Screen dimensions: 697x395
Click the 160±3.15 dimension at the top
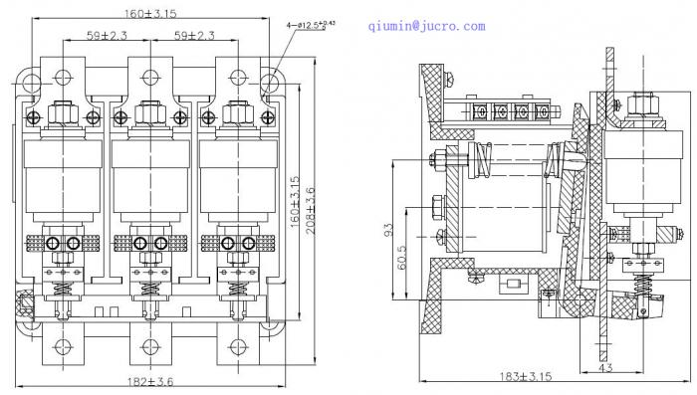pyautogui.click(x=149, y=13)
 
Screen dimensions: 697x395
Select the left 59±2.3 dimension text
pyautogui.click(x=107, y=35)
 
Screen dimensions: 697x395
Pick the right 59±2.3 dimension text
pyautogui.click(x=194, y=35)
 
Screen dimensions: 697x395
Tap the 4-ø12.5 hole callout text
pyautogui.click(x=311, y=25)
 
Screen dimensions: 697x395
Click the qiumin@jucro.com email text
pyautogui.click(x=427, y=26)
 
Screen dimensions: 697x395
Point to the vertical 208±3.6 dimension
pyautogui.click(x=310, y=211)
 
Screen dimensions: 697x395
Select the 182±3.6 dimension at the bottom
pyautogui.click(x=150, y=381)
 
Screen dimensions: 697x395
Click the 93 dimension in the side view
pyautogui.click(x=388, y=230)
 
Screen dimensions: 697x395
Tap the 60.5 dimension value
pyautogui.click(x=401, y=258)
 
